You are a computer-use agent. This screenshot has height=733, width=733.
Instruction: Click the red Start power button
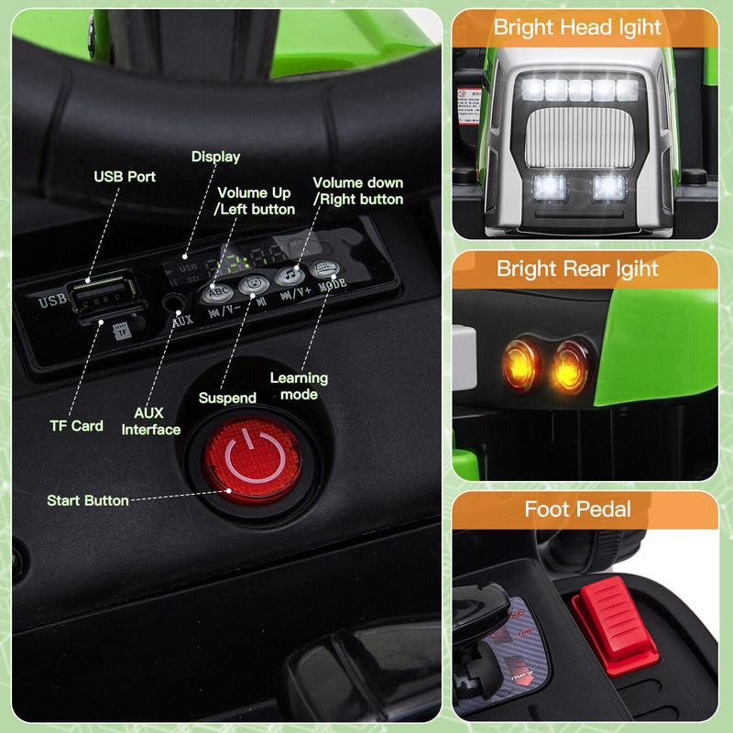pyautogui.click(x=251, y=458)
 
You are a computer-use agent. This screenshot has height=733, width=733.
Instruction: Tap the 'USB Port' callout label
pyautogui.click(x=125, y=176)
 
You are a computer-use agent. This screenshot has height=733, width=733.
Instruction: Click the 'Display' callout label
pyautogui.click(x=215, y=157)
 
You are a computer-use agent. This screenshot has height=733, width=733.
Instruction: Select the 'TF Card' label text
pyautogui.click(x=76, y=425)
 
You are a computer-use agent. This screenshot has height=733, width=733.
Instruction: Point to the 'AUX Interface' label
pyautogui.click(x=151, y=421)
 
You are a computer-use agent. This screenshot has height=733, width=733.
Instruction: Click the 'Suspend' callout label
pyautogui.click(x=227, y=399)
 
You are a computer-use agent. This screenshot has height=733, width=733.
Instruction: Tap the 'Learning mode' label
pyautogui.click(x=299, y=386)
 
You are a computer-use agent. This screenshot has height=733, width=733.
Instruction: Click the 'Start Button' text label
pyautogui.click(x=88, y=500)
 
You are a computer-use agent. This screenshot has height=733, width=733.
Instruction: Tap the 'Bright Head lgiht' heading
pyautogui.click(x=577, y=27)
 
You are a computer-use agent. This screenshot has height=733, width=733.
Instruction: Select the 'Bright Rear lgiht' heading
pyautogui.click(x=577, y=268)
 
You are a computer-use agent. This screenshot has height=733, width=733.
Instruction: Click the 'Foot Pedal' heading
pyautogui.click(x=577, y=509)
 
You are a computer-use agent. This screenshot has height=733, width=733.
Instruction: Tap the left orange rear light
pyautogui.click(x=522, y=363)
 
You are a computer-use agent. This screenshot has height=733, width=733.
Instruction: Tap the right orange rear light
pyautogui.click(x=572, y=365)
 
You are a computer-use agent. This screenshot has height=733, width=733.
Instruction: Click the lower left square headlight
pyautogui.click(x=550, y=188)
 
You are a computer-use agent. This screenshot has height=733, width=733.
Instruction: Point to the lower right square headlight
pyautogui.click(x=608, y=187)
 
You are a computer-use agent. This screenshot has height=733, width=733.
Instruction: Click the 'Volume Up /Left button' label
pyautogui.click(x=255, y=201)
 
